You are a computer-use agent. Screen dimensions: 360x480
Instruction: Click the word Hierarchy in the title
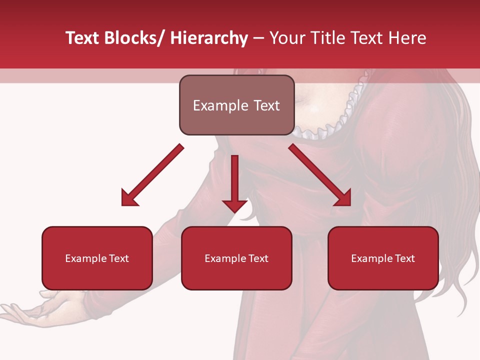[209, 38]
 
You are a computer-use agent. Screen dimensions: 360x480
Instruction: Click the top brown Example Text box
[236, 105]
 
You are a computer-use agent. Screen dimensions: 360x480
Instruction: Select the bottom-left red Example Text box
[97, 258]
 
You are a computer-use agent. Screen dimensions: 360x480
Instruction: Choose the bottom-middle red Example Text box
[236, 258]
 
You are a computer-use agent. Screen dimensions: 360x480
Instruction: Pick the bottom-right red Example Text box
[383, 258]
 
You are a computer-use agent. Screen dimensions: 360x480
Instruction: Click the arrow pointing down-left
[152, 175]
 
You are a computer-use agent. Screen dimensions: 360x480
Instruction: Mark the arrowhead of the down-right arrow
[343, 198]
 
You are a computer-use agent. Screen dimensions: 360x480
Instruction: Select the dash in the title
[258, 38]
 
